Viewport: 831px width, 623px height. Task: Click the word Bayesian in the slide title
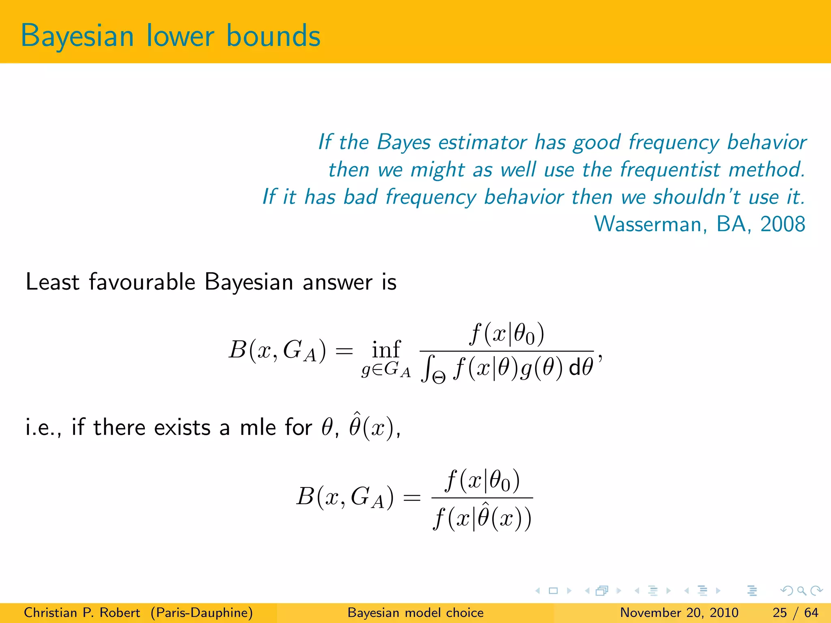[77, 37]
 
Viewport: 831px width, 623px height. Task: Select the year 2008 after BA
[782, 224]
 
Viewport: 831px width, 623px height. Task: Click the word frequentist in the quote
[670, 170]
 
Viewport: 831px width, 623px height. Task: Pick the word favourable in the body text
[142, 282]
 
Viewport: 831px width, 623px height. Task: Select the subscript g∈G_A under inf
[386, 370]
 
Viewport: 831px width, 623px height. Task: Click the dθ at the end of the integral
[581, 367]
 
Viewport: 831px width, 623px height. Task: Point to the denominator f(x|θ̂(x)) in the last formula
[482, 519]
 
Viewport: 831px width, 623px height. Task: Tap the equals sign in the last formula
[411, 497]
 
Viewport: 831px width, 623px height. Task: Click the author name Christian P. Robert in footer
[82, 612]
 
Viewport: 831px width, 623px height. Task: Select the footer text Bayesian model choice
[415, 612]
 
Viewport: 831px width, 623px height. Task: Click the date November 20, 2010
[679, 612]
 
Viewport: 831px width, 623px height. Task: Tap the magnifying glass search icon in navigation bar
[801, 591]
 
